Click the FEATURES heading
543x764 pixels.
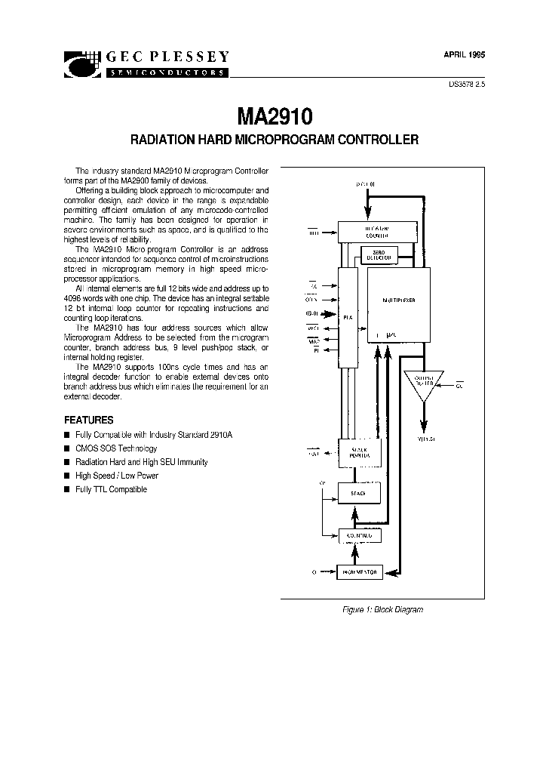coord(88,420)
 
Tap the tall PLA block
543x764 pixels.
coord(347,317)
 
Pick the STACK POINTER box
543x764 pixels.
coord(360,452)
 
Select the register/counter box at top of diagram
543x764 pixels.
coord(377,231)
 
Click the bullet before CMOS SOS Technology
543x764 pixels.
coord(66,448)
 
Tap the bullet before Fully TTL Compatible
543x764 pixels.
coord(66,489)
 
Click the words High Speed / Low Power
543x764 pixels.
coord(117,476)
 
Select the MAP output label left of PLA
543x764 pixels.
coord(313,341)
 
